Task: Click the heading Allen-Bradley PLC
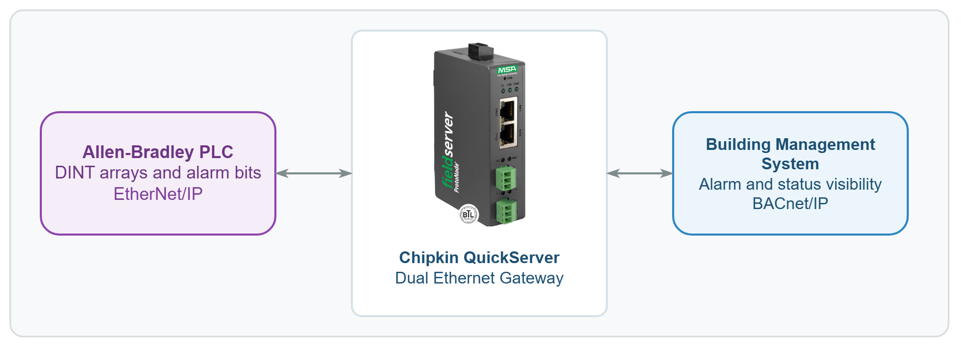tap(158, 152)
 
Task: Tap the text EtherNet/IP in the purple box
tap(158, 194)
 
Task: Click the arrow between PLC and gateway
tap(314, 173)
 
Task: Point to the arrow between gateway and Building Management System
tap(640, 173)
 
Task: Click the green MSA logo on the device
tap(507, 69)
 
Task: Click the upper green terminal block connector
tap(505, 178)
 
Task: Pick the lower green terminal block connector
tap(506, 211)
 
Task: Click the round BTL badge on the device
tap(469, 214)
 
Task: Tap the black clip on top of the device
tap(481, 51)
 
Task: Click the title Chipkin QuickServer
tap(479, 258)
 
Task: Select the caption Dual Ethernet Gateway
tap(479, 278)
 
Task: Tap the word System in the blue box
tap(790, 164)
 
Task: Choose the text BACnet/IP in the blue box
tap(790, 203)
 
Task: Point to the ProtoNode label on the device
tap(456, 177)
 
